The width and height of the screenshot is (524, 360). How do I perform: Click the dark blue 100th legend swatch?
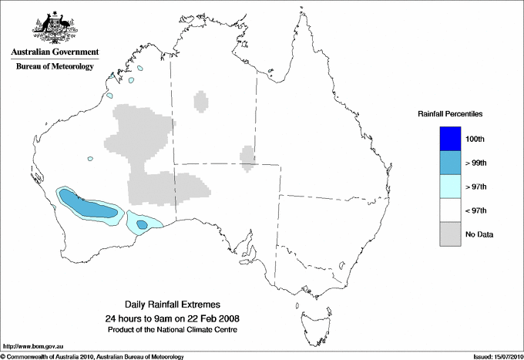point(450,139)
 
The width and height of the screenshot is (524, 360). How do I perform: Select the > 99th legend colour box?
point(450,163)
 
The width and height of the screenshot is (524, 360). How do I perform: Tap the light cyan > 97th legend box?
point(450,187)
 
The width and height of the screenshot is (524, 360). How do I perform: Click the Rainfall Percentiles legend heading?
point(450,113)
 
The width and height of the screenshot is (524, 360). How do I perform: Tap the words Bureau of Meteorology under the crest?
point(55,66)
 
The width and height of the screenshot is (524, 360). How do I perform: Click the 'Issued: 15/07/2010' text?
point(492,356)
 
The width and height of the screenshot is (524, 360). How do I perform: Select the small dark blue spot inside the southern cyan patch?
point(143,224)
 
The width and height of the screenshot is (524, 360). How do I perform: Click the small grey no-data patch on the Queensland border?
point(247,156)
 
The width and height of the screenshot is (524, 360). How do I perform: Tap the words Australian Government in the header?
point(55,52)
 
